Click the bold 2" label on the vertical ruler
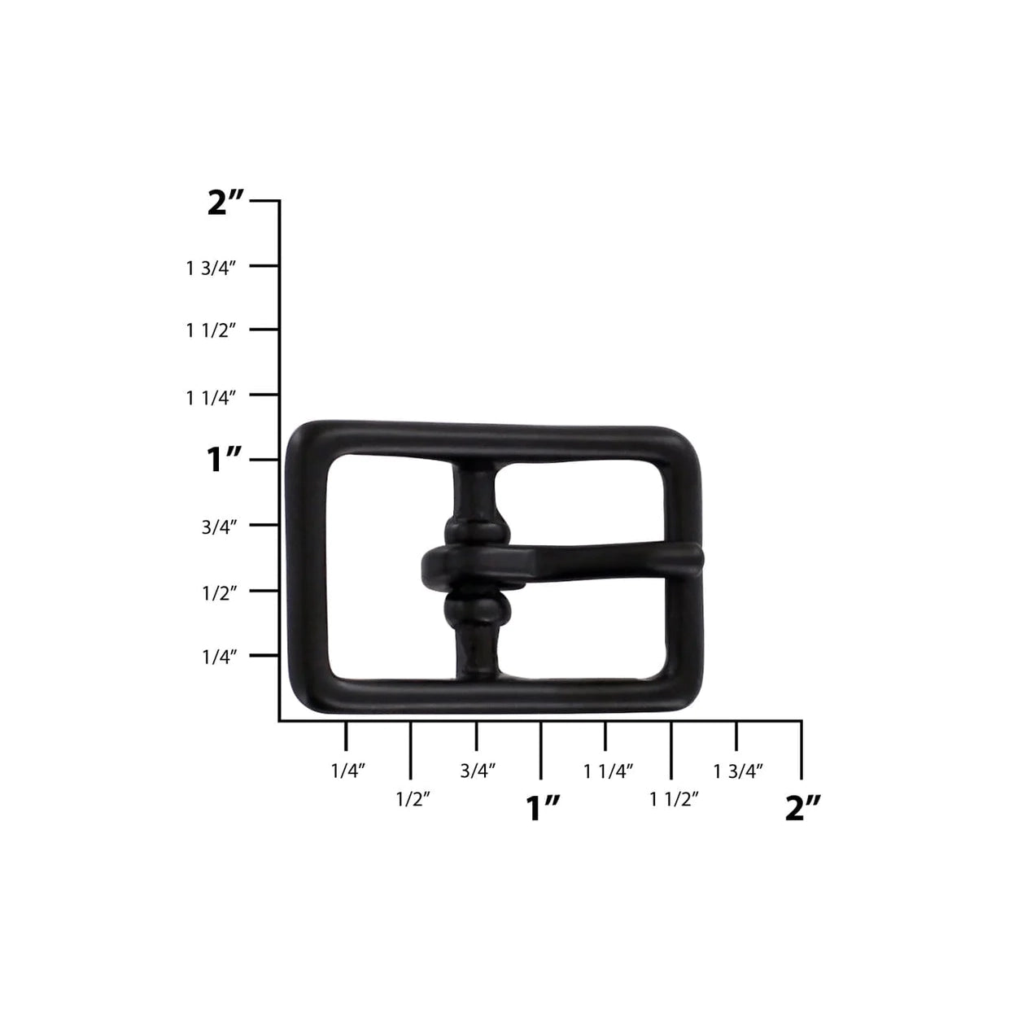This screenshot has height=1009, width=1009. point(225,203)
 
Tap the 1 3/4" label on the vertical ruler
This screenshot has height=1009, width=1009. point(211,269)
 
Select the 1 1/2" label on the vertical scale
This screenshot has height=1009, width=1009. point(211,330)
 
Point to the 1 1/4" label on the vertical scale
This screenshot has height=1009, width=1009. point(211,398)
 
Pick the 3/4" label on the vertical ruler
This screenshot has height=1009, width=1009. point(220,526)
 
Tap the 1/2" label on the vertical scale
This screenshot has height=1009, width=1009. point(220,592)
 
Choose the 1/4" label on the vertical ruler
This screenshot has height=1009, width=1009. point(220,657)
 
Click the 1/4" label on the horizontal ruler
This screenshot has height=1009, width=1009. point(347,771)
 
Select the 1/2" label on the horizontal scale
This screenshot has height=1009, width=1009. point(413,799)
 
